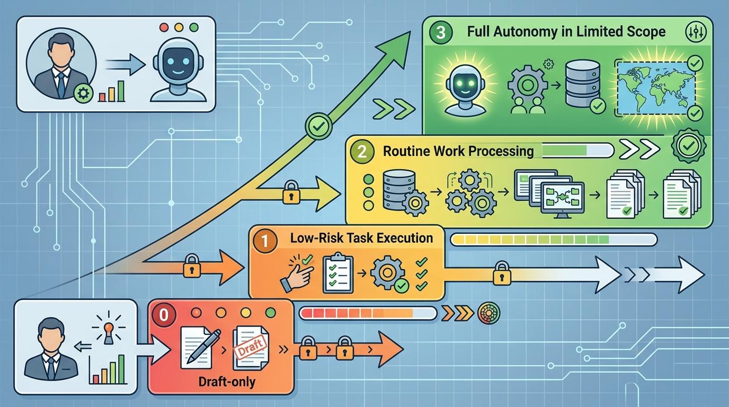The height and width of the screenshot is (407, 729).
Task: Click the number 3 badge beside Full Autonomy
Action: click(441, 31)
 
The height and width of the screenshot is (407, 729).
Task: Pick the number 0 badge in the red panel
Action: click(164, 314)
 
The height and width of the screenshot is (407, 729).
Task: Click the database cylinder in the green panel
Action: click(582, 85)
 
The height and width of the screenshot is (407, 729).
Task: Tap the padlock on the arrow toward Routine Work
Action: click(290, 193)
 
